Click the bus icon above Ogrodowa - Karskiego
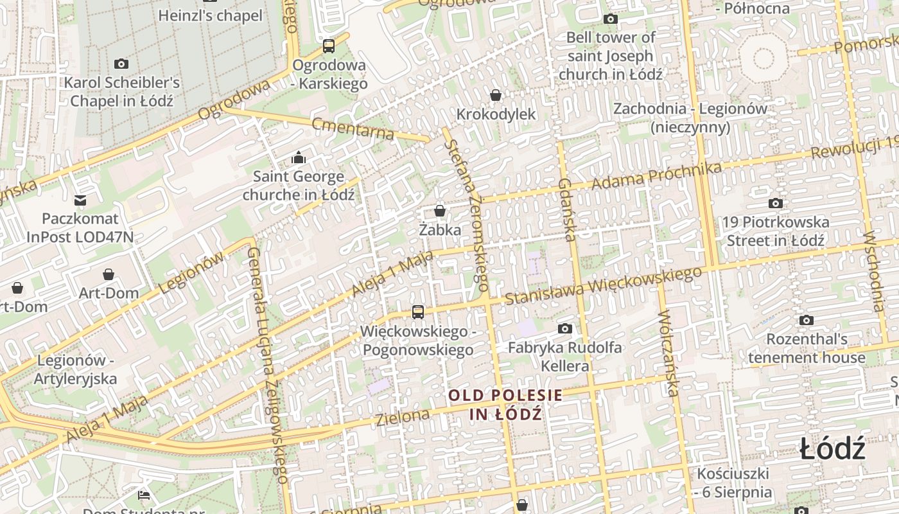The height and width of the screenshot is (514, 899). (329, 46)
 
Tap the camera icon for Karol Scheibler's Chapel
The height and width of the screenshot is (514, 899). (121, 64)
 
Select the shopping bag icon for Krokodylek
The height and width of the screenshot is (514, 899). (496, 95)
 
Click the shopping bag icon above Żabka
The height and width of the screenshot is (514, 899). (440, 210)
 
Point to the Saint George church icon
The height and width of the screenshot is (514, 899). (299, 157)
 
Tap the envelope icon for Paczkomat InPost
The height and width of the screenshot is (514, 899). (80, 200)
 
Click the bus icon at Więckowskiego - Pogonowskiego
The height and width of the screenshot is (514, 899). (418, 312)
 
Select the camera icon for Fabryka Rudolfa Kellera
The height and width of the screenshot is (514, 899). (565, 329)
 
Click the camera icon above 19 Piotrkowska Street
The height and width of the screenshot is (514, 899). (776, 204)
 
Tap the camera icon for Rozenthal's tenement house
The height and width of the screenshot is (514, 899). (807, 320)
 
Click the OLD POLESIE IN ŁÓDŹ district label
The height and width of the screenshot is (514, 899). (505, 404)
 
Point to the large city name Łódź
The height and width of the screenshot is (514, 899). (833, 448)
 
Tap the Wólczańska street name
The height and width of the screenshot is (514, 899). (668, 353)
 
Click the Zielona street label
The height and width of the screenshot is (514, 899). (403, 418)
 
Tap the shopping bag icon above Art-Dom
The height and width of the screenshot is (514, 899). (109, 274)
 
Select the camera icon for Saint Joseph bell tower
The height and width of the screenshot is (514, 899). (611, 19)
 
